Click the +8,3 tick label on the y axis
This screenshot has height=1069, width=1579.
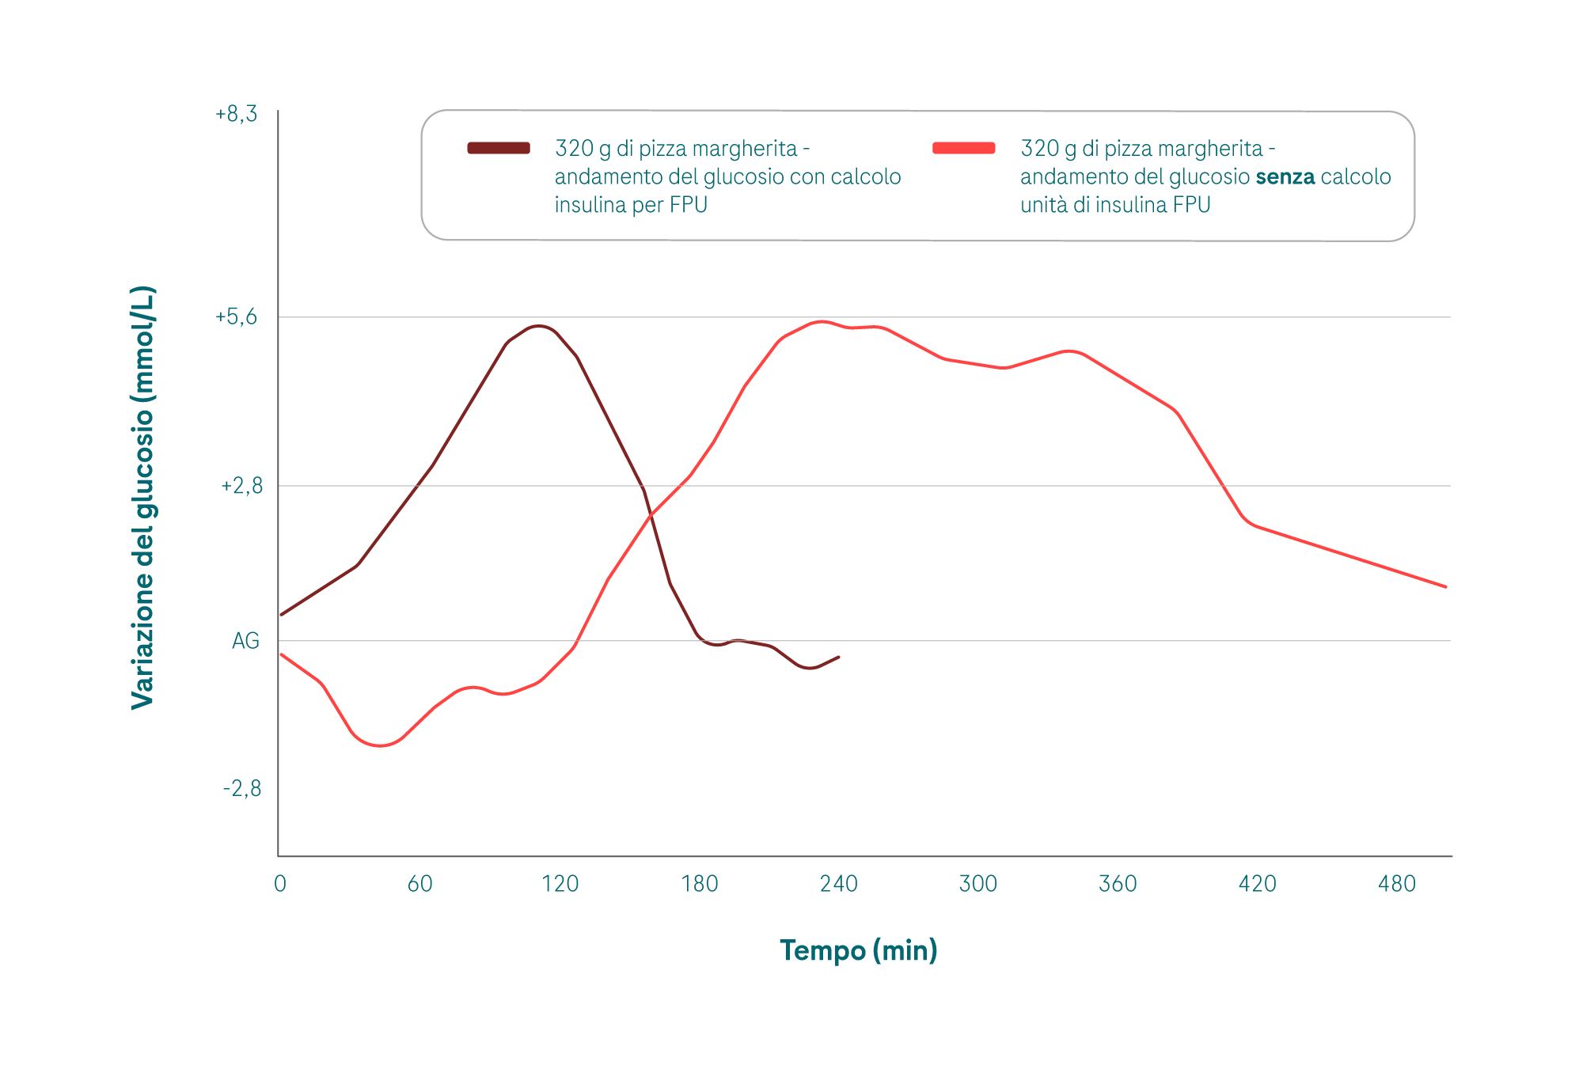236,115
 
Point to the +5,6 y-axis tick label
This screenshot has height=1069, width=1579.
236,317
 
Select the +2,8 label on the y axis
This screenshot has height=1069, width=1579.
241,486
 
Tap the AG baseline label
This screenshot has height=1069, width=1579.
245,641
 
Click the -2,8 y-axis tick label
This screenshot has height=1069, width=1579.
241,789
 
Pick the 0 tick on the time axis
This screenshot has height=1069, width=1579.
280,884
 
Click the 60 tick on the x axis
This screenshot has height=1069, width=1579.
420,884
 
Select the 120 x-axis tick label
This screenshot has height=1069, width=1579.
560,884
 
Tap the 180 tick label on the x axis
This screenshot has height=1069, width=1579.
700,884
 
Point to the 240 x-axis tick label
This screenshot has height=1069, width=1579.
839,884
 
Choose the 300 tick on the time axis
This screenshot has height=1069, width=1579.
978,884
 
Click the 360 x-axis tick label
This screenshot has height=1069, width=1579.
1118,884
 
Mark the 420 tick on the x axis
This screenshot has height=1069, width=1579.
1258,884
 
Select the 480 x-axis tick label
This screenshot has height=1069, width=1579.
1397,884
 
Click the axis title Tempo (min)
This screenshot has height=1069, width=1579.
859,950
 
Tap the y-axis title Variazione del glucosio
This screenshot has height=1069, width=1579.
143,497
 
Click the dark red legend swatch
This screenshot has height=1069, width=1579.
499,148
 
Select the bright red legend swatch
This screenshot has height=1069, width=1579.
964,148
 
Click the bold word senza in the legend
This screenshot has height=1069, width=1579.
1285,176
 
